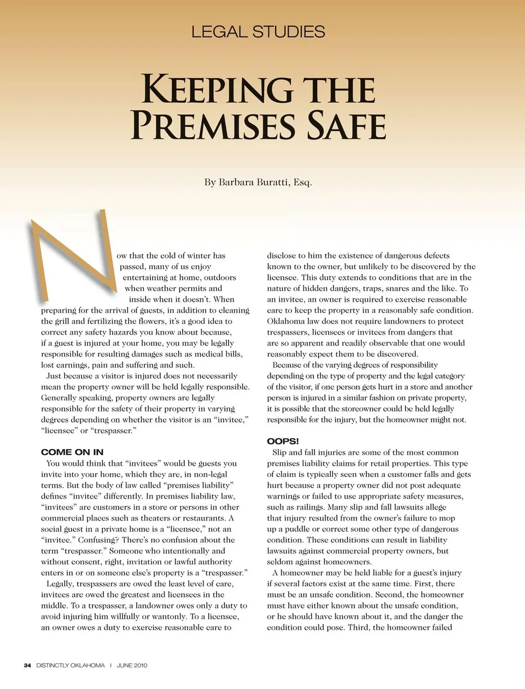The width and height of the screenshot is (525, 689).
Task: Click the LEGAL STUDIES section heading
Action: coord(258,32)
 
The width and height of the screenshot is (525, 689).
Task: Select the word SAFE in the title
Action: coord(347,126)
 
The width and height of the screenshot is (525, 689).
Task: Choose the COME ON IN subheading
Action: coord(72,452)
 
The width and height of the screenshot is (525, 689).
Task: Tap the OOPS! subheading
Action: coord(283,441)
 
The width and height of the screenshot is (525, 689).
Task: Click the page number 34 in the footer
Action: coord(27,665)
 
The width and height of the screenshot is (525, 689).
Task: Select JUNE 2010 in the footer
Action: coord(132,665)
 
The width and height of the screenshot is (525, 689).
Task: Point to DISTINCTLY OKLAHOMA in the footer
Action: coord(71,665)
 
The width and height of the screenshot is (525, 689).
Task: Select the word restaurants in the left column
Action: coord(203,518)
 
